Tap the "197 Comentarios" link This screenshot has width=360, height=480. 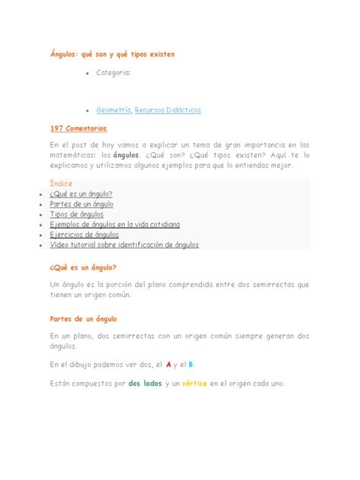78,129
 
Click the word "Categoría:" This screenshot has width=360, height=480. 113,73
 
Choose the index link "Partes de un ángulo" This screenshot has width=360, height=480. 82,204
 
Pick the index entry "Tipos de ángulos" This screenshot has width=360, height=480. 77,215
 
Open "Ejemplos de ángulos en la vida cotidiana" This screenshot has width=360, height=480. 115,225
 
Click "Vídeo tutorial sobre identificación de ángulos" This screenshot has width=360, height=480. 125,245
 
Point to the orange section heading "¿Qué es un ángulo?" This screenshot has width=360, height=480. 82,267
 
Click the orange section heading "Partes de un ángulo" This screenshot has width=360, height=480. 82,319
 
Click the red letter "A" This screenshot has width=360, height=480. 169,365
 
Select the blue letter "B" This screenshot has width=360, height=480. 191,365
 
